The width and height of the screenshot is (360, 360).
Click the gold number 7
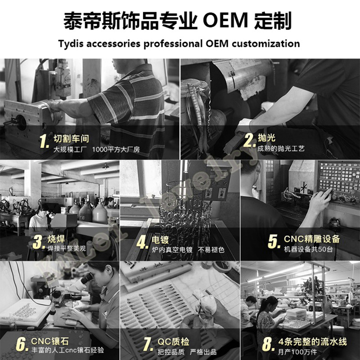147,344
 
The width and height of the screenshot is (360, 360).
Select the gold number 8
268,344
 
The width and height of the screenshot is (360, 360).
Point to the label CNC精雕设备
311,238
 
